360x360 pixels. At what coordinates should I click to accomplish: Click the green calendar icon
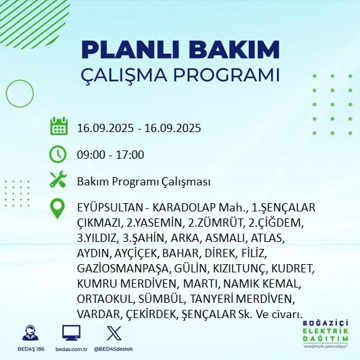pos(58,126)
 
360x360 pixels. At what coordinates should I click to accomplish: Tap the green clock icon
pos(58,154)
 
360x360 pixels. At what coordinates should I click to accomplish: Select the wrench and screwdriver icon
pos(58,180)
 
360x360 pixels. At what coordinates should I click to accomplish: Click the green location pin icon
pos(58,209)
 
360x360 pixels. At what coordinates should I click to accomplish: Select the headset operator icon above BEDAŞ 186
pos(29,333)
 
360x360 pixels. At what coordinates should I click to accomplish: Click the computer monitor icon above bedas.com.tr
pos(71,333)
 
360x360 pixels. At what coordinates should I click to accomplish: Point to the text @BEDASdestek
pos(114,349)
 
